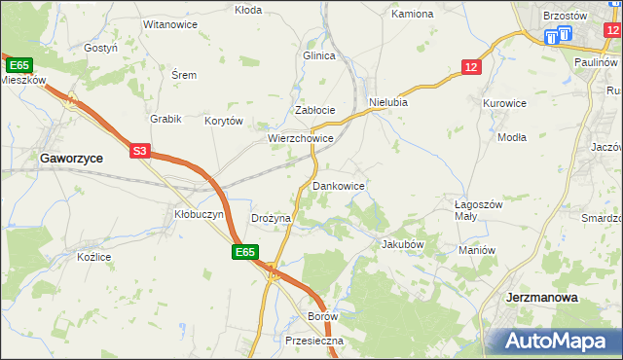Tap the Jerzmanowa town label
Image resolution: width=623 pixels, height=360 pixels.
click(x=542, y=297)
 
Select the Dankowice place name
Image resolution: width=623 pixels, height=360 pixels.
click(x=338, y=185)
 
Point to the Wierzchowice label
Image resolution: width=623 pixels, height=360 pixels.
click(x=302, y=139)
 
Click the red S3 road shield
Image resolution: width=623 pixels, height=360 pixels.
click(x=140, y=151)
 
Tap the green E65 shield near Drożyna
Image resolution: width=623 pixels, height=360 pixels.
click(x=245, y=252)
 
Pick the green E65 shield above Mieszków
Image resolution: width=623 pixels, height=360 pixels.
click(x=18, y=64)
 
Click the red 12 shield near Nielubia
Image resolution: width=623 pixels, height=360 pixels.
click(x=471, y=66)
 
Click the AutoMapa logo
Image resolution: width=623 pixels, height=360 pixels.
click(x=555, y=341)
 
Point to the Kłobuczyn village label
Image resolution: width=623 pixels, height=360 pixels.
click(x=199, y=213)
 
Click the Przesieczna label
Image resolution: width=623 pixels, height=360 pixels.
click(x=315, y=342)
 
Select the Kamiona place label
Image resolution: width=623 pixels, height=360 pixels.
click(x=412, y=15)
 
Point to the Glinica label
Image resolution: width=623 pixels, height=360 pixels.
click(x=318, y=55)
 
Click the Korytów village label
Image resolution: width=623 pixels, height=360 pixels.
click(x=223, y=122)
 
